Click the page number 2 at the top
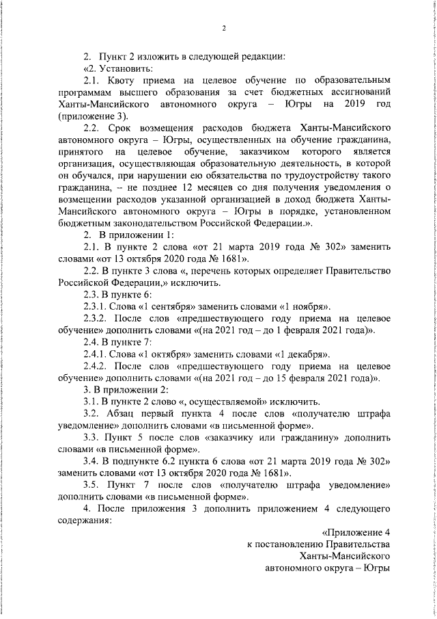pyautogui.click(x=223, y=28)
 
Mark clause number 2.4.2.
pyautogui.click(x=96, y=367)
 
